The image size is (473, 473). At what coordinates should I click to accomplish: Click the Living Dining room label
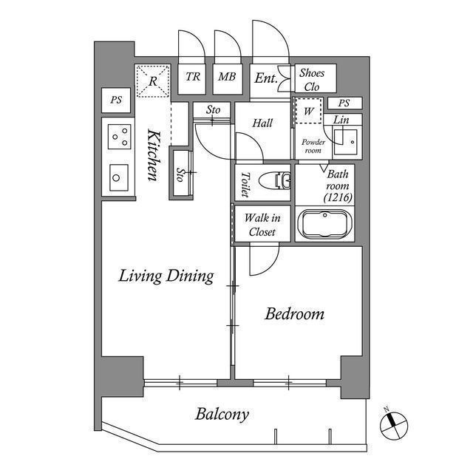(x=166, y=276)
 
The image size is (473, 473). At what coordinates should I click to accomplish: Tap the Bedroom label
(x=295, y=314)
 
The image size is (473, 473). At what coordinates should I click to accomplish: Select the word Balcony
(x=222, y=415)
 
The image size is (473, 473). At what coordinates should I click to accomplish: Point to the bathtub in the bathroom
(x=324, y=224)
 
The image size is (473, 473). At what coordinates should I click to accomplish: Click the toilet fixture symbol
(x=275, y=180)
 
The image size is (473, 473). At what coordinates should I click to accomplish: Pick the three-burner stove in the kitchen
(x=120, y=137)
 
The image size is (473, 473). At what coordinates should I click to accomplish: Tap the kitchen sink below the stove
(x=119, y=177)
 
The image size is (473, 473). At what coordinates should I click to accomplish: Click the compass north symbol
(x=394, y=426)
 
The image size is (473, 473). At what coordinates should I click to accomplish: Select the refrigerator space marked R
(x=153, y=81)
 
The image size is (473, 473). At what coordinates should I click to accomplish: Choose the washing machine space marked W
(x=308, y=111)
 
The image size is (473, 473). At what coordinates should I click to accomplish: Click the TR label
(x=192, y=77)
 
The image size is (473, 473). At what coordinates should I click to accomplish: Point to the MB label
(x=227, y=77)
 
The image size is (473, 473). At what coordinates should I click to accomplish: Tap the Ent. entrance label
(x=265, y=78)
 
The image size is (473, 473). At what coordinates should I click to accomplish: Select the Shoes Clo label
(x=312, y=80)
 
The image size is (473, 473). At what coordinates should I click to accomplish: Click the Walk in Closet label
(x=262, y=225)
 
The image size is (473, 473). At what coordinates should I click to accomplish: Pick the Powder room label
(x=313, y=146)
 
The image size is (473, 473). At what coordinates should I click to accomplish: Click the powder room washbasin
(x=346, y=142)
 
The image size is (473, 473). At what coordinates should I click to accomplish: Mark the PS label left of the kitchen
(x=116, y=100)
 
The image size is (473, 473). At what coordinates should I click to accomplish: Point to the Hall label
(x=262, y=123)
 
